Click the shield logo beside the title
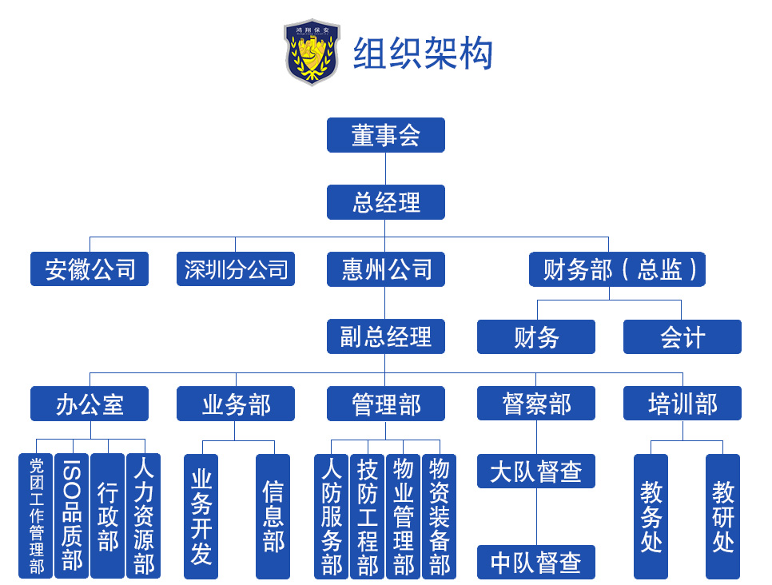[x=312, y=52]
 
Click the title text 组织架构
[x=423, y=54]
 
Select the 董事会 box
[x=385, y=135]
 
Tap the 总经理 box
[x=385, y=202]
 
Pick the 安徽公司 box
[x=90, y=269]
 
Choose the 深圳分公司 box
[x=236, y=269]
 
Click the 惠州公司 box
[x=385, y=269]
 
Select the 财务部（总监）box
[x=617, y=269]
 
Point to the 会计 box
[x=682, y=336]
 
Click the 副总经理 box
[x=385, y=336]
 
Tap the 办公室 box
[x=90, y=404]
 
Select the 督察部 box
[x=536, y=404]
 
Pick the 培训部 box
[x=682, y=404]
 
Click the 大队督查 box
[x=536, y=471]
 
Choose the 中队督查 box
[x=536, y=563]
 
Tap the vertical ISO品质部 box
[x=72, y=516]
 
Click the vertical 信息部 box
[x=273, y=516]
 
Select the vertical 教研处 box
[x=722, y=516]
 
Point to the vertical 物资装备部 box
[x=439, y=516]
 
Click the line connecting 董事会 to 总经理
[x=385, y=169]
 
